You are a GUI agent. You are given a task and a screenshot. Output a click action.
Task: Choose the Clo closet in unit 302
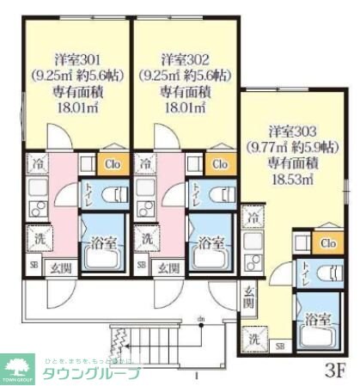click(x=219, y=163)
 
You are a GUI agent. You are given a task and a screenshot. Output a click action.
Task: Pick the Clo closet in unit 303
click(x=327, y=242)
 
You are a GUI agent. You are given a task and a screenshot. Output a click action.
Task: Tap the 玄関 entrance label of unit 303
click(x=248, y=297)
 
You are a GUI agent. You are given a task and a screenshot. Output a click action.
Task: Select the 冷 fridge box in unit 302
click(x=146, y=162)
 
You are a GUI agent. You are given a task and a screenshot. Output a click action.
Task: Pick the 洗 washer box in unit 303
click(x=253, y=338)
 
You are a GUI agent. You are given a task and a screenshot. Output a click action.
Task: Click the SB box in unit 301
click(x=34, y=266)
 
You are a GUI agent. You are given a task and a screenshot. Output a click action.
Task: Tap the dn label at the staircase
click(x=201, y=321)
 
